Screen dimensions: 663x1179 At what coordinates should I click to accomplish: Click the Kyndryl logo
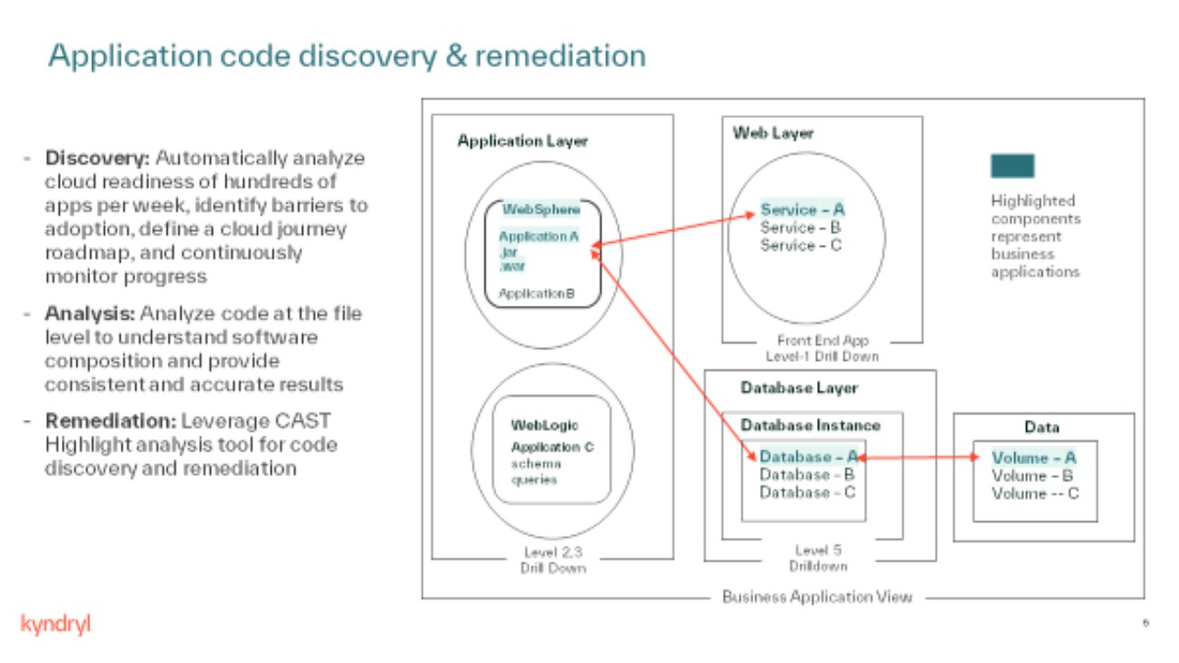pyautogui.click(x=55, y=624)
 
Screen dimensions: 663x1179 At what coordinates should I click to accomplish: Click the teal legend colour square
pyautogui.click(x=1012, y=166)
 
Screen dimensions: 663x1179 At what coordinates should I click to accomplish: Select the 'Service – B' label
pyautogui.click(x=800, y=227)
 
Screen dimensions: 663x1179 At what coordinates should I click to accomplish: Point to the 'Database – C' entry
pyautogui.click(x=807, y=493)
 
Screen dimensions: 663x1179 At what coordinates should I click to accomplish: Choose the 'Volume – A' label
pyautogui.click(x=1033, y=458)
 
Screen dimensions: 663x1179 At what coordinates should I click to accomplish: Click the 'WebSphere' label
pyautogui.click(x=542, y=210)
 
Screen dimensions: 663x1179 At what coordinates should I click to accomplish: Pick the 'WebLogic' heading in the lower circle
pyautogui.click(x=544, y=425)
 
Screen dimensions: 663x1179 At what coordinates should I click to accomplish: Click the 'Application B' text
pyautogui.click(x=536, y=294)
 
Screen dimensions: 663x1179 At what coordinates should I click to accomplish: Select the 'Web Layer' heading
pyautogui.click(x=774, y=134)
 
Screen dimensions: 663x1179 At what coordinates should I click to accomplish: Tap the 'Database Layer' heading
pyautogui.click(x=799, y=388)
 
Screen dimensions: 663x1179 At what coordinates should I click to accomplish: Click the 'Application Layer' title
pyautogui.click(x=522, y=141)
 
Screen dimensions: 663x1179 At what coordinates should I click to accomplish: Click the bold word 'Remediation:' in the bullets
pyautogui.click(x=111, y=421)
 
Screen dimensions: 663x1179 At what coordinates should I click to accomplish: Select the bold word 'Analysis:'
pyautogui.click(x=88, y=313)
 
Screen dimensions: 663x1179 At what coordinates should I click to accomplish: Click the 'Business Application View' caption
pyautogui.click(x=817, y=597)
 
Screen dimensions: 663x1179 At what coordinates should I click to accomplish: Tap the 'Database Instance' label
pyautogui.click(x=811, y=425)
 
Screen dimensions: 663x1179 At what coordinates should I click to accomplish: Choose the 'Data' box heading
pyautogui.click(x=1042, y=427)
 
